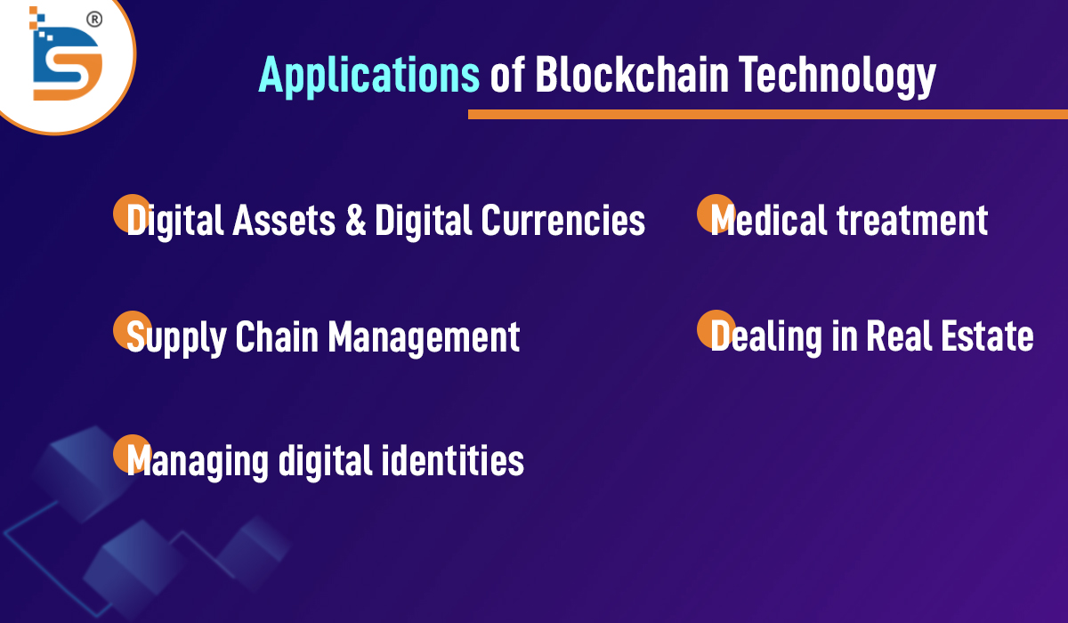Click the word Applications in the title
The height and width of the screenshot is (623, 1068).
(369, 76)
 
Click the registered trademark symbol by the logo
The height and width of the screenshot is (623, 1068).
(94, 20)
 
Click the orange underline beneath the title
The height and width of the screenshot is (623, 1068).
(767, 115)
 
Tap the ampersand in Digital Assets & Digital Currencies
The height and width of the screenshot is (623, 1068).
(356, 220)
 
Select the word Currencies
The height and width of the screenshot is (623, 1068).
(562, 220)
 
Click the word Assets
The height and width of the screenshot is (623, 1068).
(284, 220)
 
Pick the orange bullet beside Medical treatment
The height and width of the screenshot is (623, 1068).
(716, 213)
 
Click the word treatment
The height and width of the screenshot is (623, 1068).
(912, 220)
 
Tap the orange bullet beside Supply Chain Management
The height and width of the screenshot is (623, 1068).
(132, 330)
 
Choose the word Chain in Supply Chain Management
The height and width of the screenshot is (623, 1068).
(277, 336)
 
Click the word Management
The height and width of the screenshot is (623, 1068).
(425, 338)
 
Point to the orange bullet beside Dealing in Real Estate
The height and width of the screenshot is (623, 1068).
(716, 329)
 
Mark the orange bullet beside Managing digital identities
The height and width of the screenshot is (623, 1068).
(132, 453)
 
